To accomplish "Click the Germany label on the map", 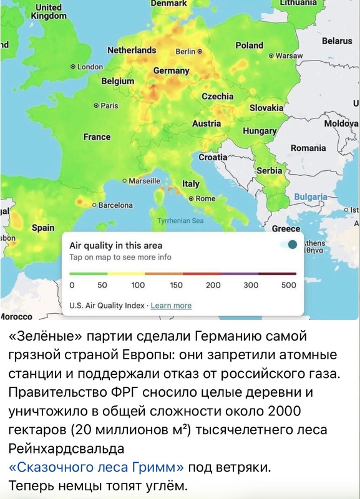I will tap(171, 70).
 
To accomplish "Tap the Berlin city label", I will tap(188, 52).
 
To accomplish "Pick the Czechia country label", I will tap(218, 97).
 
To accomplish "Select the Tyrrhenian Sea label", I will tap(180, 221).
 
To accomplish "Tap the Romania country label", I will tap(308, 148).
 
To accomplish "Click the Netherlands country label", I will tap(132, 50).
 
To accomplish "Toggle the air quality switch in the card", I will tap(289, 245).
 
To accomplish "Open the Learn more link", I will tap(171, 306).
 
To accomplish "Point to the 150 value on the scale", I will tap(176, 285).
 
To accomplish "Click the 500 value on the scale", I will tap(288, 285).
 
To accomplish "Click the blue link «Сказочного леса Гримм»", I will tap(97, 466).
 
